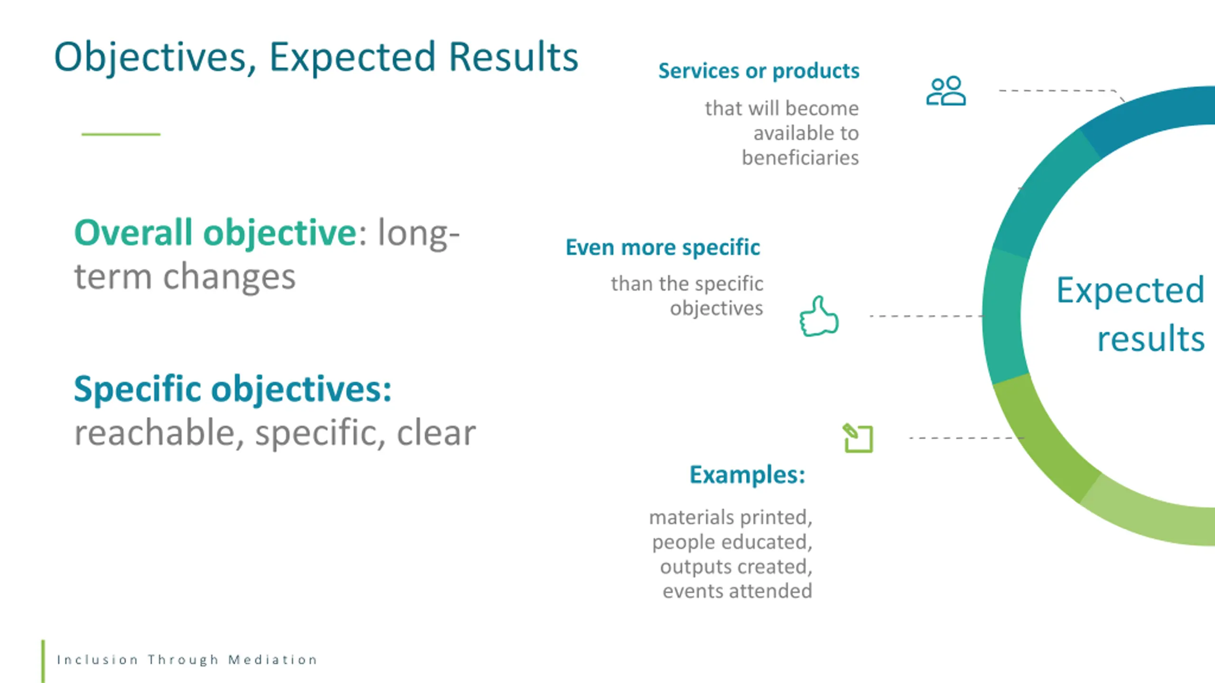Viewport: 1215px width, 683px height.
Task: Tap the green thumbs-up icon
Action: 819,316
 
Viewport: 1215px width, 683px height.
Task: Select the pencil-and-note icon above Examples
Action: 858,438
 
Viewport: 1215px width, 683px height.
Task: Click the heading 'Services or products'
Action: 759,71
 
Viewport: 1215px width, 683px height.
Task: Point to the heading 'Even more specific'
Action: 663,248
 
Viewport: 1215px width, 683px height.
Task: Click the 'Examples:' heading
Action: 748,475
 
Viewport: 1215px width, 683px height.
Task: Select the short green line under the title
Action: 121,134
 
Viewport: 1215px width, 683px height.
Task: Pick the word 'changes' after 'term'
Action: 229,277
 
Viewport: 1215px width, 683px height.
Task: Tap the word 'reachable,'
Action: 159,433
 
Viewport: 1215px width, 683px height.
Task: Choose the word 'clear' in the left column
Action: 436,433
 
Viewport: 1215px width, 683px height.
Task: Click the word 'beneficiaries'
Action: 800,158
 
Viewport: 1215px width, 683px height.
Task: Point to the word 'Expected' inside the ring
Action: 1131,291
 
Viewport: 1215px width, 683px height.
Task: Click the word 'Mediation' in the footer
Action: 272,660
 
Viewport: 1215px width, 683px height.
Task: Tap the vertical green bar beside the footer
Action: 43,661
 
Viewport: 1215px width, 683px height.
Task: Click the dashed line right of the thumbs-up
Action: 926,316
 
